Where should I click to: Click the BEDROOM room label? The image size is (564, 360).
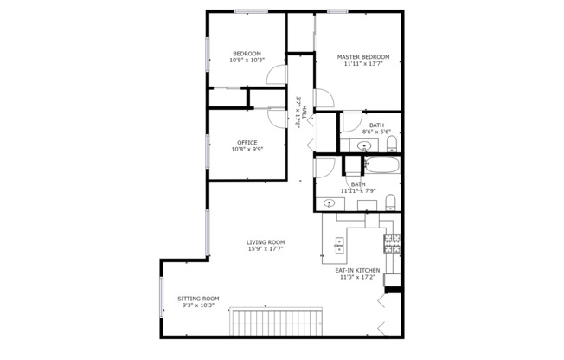(247, 54)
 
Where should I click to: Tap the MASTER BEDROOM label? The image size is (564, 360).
(363, 57)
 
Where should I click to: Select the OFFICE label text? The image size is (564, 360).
(247, 143)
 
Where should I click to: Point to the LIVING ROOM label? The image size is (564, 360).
(266, 242)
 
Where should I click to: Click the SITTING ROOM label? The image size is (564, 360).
(199, 299)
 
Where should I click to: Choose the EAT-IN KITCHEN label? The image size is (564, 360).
(357, 271)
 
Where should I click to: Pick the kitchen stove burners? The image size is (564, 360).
(393, 244)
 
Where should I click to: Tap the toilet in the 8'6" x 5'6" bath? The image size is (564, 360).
(391, 142)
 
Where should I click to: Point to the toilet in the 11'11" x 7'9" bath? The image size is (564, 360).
(391, 202)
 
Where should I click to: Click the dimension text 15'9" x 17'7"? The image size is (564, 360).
(266, 249)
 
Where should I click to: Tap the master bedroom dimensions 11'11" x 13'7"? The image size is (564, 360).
(363, 64)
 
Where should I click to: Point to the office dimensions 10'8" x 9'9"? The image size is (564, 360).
(247, 150)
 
